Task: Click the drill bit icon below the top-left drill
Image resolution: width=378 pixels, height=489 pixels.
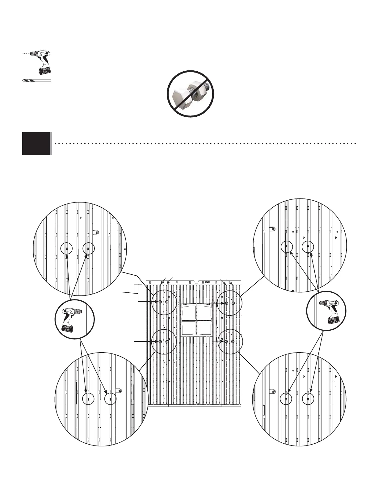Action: pyautogui.click(x=36, y=81)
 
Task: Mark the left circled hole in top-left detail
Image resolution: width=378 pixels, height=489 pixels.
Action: pyautogui.click(x=66, y=249)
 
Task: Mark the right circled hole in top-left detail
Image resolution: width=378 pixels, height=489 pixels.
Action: pyautogui.click(x=88, y=249)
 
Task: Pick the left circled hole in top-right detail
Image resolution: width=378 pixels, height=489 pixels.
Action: pyautogui.click(x=286, y=247)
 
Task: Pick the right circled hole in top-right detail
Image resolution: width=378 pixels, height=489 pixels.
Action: pyautogui.click(x=308, y=247)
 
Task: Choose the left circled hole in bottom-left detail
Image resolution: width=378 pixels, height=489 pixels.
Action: pyautogui.click(x=88, y=399)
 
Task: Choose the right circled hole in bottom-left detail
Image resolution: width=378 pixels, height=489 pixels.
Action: pyautogui.click(x=110, y=399)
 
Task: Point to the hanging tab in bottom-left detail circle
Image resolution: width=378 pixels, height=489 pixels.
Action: pyautogui.click(x=118, y=391)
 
